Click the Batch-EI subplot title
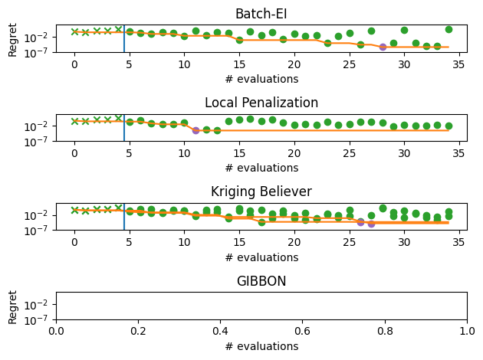[x=261, y=14]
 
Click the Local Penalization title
[x=261, y=103]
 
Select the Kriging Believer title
[x=261, y=191]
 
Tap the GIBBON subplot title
[x=261, y=281]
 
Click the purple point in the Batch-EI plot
[x=383, y=47]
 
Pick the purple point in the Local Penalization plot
[x=195, y=130]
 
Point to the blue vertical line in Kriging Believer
[x=124, y=218]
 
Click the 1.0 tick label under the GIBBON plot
[x=467, y=330]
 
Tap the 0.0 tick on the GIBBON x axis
[x=56, y=330]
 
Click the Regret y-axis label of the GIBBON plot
[x=13, y=306]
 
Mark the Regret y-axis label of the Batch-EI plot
[x=13, y=40]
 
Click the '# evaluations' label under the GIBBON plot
[x=261, y=346]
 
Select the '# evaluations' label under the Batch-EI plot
[x=261, y=79]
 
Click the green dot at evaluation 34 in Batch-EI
[x=449, y=29]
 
